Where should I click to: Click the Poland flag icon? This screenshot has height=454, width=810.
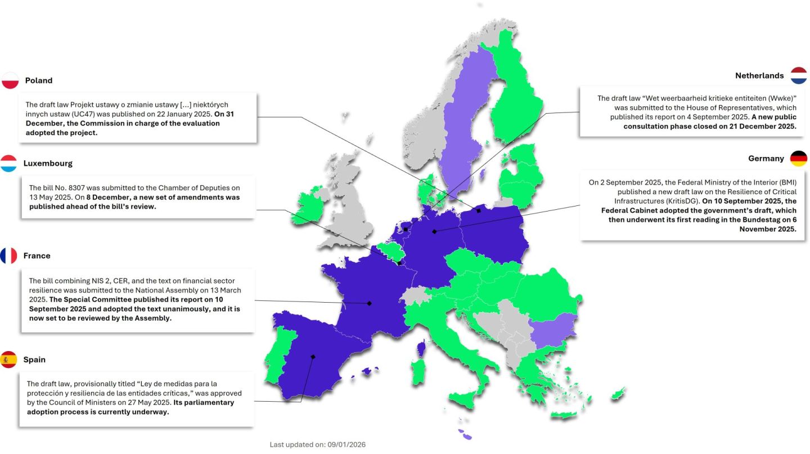coord(11,80)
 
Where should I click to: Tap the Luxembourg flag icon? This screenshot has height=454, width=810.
coord(9,164)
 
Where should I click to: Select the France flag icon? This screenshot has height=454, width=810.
coord(9,256)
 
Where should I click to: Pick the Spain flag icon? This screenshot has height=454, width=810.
coord(9,359)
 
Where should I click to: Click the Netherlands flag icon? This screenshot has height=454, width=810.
coord(799,75)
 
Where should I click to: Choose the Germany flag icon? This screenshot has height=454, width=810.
coord(799,159)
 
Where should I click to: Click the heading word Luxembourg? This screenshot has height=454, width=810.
coord(48,164)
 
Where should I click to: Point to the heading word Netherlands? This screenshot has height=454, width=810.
coord(759,75)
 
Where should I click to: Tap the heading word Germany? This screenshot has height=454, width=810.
coord(766,159)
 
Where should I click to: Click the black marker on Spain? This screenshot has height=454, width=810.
coord(313,357)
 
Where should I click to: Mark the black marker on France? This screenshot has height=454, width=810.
coord(370,303)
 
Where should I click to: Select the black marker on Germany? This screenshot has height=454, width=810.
coord(434,231)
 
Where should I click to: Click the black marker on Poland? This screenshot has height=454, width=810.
coord(479,211)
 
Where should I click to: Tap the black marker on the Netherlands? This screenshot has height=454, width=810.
coord(406,230)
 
